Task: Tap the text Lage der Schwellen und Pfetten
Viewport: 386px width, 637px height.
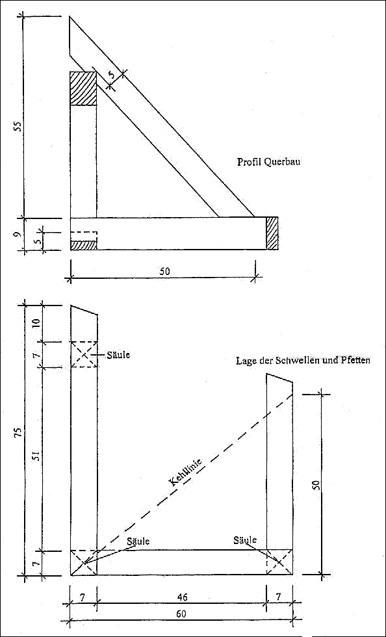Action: tap(303, 360)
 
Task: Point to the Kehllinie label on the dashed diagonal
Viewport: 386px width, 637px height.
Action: tap(188, 472)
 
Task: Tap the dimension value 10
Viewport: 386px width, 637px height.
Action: tap(36, 324)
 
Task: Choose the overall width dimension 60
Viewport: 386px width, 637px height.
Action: tap(181, 625)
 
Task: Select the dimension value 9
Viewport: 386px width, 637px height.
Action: tap(17, 235)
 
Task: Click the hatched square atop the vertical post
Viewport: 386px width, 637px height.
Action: tap(83, 88)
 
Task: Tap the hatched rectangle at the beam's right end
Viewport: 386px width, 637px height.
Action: tap(272, 233)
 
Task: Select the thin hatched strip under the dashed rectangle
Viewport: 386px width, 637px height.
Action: tap(84, 245)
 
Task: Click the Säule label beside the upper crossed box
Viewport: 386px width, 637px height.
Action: tap(118, 355)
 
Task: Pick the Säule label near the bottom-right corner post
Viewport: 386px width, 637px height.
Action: tap(246, 540)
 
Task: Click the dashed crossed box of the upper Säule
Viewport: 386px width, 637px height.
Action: tap(84, 355)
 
